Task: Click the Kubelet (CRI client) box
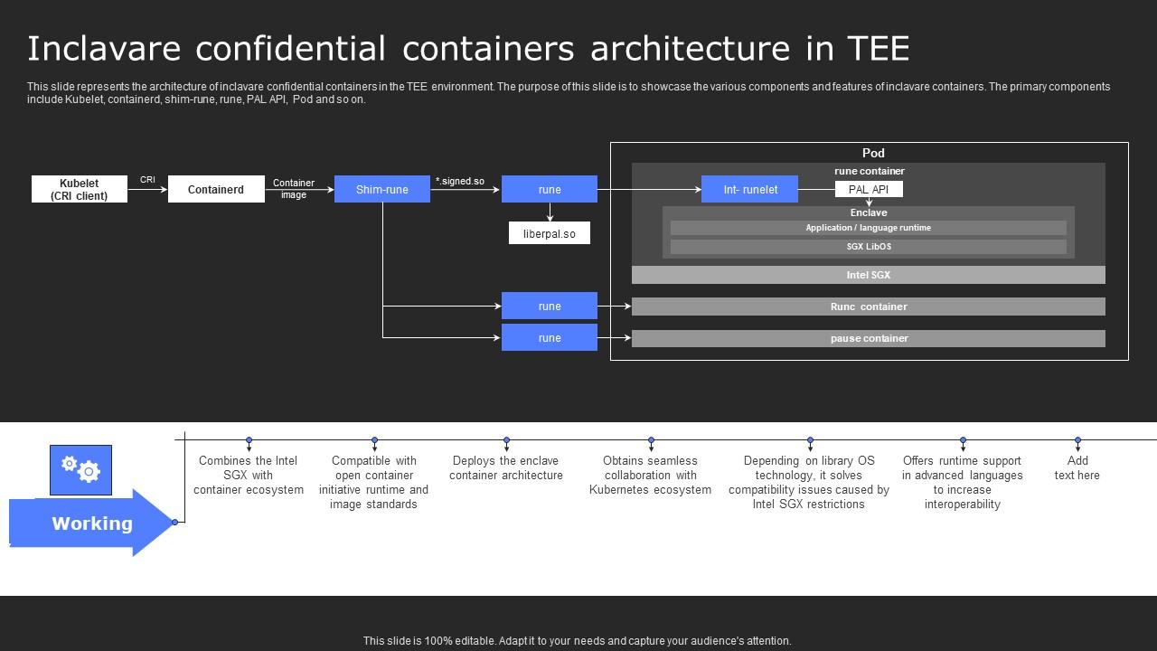80,189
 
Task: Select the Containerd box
216,189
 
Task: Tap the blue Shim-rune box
381,189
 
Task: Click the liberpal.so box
549,233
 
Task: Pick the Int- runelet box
749,189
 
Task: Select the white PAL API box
869,189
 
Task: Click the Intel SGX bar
868,275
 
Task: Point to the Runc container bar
868,307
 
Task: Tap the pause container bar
868,338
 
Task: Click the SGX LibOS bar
868,247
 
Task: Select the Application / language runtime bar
868,228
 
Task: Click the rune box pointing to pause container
549,338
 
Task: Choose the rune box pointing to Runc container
549,307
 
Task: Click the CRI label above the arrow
147,180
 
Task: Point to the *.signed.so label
460,181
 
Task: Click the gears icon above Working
80,469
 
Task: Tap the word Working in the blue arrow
92,524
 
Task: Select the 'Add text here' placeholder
1077,468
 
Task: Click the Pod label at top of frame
873,153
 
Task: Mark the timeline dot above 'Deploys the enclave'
506,440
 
